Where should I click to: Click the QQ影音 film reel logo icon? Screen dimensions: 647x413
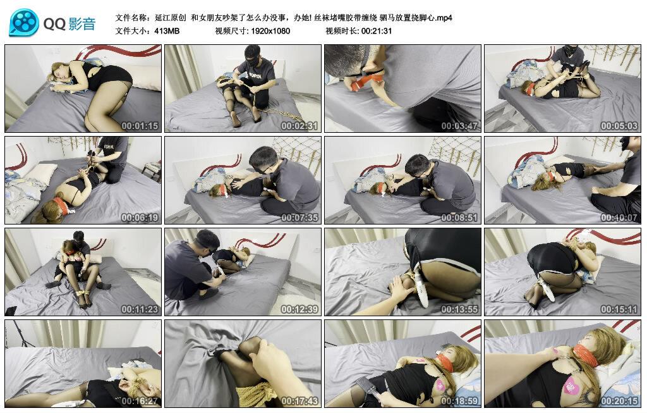(24, 23)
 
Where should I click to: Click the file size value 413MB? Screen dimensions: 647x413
(167, 31)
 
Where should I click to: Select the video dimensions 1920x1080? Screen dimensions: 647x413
(270, 31)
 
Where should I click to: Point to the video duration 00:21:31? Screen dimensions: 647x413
(377, 31)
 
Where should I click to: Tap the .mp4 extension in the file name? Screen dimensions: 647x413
(444, 18)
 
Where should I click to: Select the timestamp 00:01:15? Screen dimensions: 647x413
(140, 126)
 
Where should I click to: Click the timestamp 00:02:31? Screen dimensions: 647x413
(299, 126)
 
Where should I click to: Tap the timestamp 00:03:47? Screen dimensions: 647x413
(459, 126)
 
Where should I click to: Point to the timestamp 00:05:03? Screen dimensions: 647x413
(619, 126)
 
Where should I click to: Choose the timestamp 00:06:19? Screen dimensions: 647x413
(140, 218)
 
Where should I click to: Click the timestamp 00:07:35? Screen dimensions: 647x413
(299, 218)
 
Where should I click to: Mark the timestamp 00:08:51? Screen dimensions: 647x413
(459, 218)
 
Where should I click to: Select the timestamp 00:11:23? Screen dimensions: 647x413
(140, 309)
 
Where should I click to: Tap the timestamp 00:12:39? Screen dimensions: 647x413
(299, 309)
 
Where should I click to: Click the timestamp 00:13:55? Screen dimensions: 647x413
(459, 309)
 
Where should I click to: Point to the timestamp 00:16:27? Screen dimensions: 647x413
(140, 401)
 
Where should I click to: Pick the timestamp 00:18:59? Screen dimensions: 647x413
(459, 401)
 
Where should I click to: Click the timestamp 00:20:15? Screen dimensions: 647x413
(619, 401)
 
